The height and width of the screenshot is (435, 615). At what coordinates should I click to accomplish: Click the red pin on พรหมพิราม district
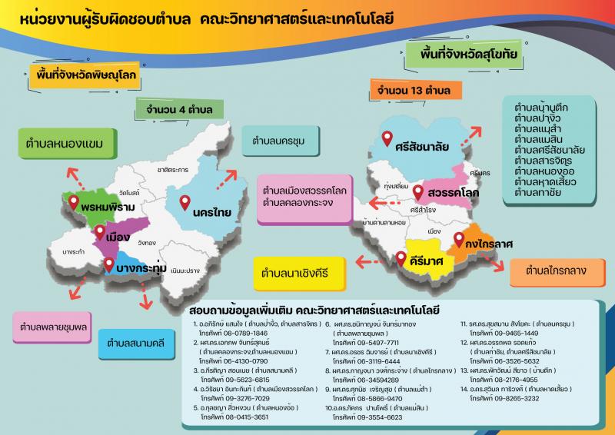(x=74, y=203)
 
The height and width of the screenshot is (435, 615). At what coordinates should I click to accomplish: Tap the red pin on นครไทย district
(x=184, y=204)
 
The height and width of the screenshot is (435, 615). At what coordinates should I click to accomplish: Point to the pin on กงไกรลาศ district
(x=459, y=238)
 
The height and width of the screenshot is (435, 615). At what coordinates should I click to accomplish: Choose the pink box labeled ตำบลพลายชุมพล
(x=48, y=326)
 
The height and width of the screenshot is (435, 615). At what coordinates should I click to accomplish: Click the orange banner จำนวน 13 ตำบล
(x=414, y=91)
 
